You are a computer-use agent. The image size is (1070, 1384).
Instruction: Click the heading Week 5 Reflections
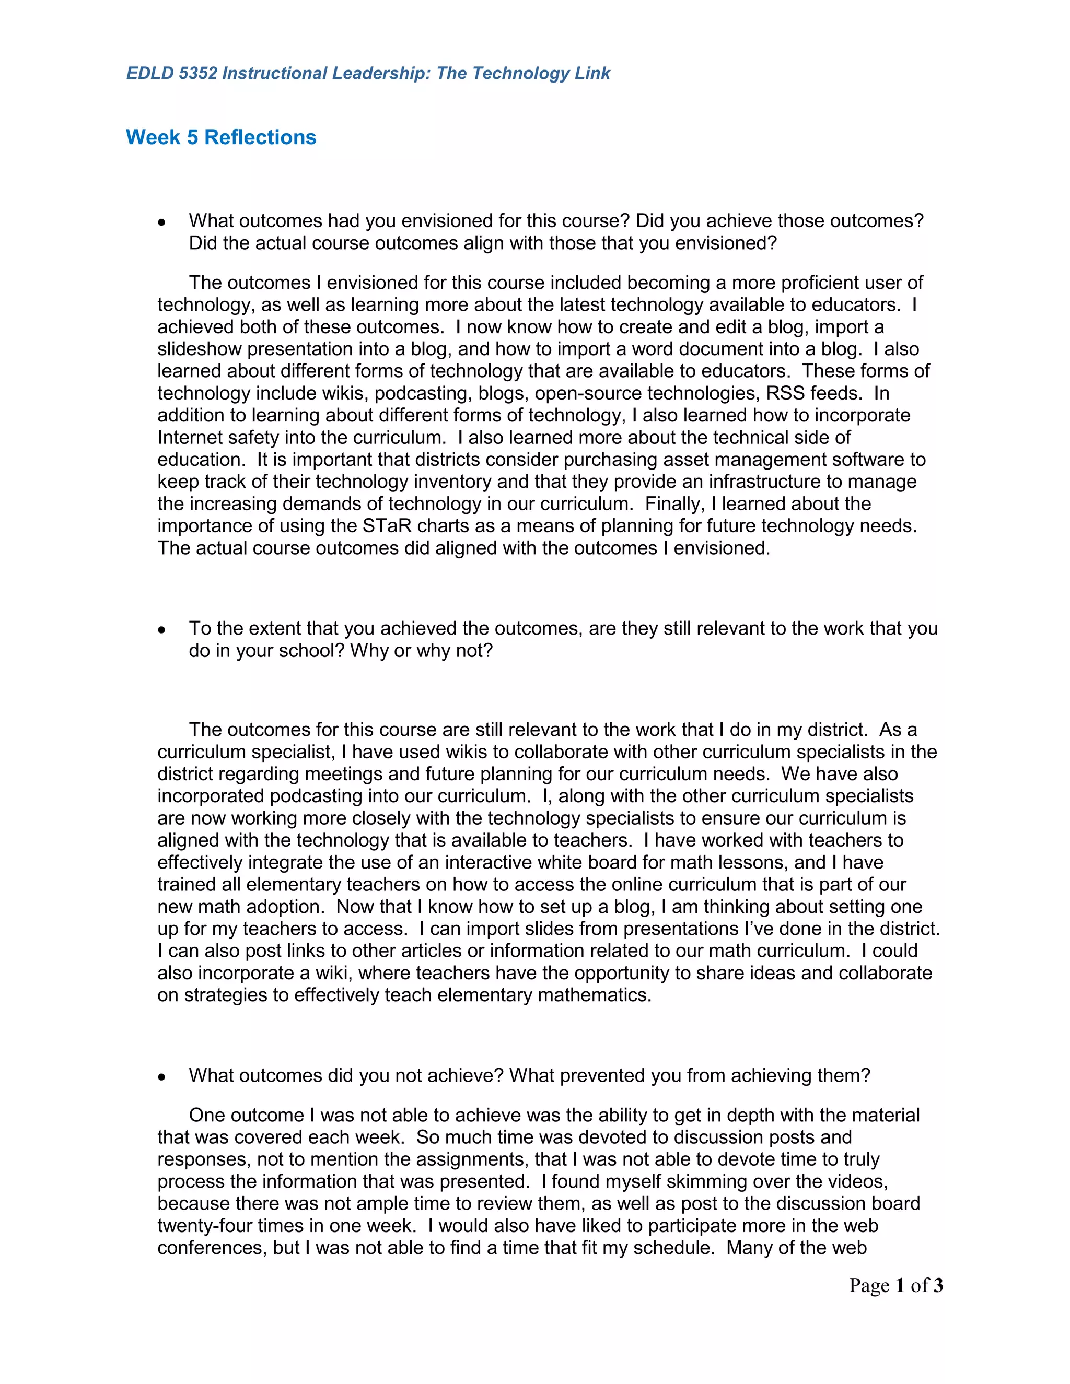click(220, 137)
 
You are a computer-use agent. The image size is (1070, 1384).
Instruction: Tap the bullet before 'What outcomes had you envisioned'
click(162, 222)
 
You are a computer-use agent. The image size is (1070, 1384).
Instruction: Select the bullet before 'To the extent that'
click(162, 630)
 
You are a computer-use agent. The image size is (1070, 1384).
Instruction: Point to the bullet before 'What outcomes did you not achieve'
click(162, 1077)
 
